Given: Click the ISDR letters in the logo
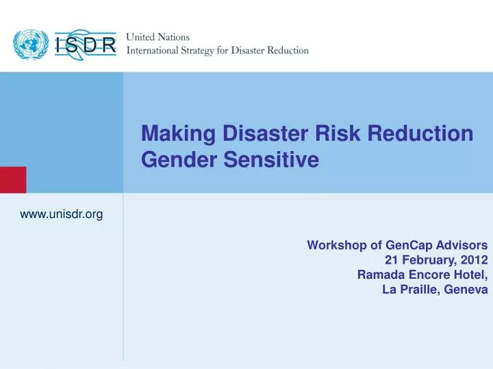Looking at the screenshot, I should [86, 46].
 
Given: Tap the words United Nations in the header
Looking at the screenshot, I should [158, 38].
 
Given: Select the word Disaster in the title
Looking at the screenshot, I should [260, 133].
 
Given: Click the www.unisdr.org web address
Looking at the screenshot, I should [62, 215].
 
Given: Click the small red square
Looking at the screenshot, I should [12, 179].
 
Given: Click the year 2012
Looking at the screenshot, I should [474, 260].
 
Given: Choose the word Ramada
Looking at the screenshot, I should [379, 275].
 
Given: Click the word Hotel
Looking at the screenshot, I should [470, 275].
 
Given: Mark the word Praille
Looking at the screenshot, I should [419, 290].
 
